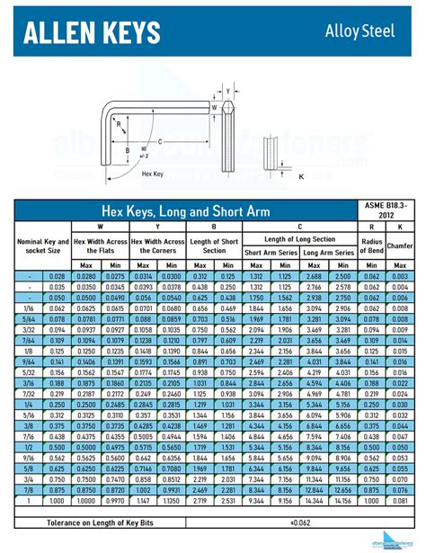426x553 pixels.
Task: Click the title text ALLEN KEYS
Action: point(93,32)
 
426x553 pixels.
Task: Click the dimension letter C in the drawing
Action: point(160,141)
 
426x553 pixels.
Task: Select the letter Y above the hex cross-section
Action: point(229,92)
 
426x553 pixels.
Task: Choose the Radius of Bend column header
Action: point(372,245)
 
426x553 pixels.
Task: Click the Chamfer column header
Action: point(399,245)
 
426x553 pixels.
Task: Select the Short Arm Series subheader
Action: point(271,253)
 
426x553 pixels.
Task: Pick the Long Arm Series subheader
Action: point(329,253)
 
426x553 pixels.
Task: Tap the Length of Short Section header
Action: point(213,245)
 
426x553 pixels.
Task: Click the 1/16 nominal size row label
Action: point(31,308)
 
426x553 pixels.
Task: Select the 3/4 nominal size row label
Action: point(31,479)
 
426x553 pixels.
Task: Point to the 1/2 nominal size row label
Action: point(31,447)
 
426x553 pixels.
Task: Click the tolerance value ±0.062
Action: point(298,522)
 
